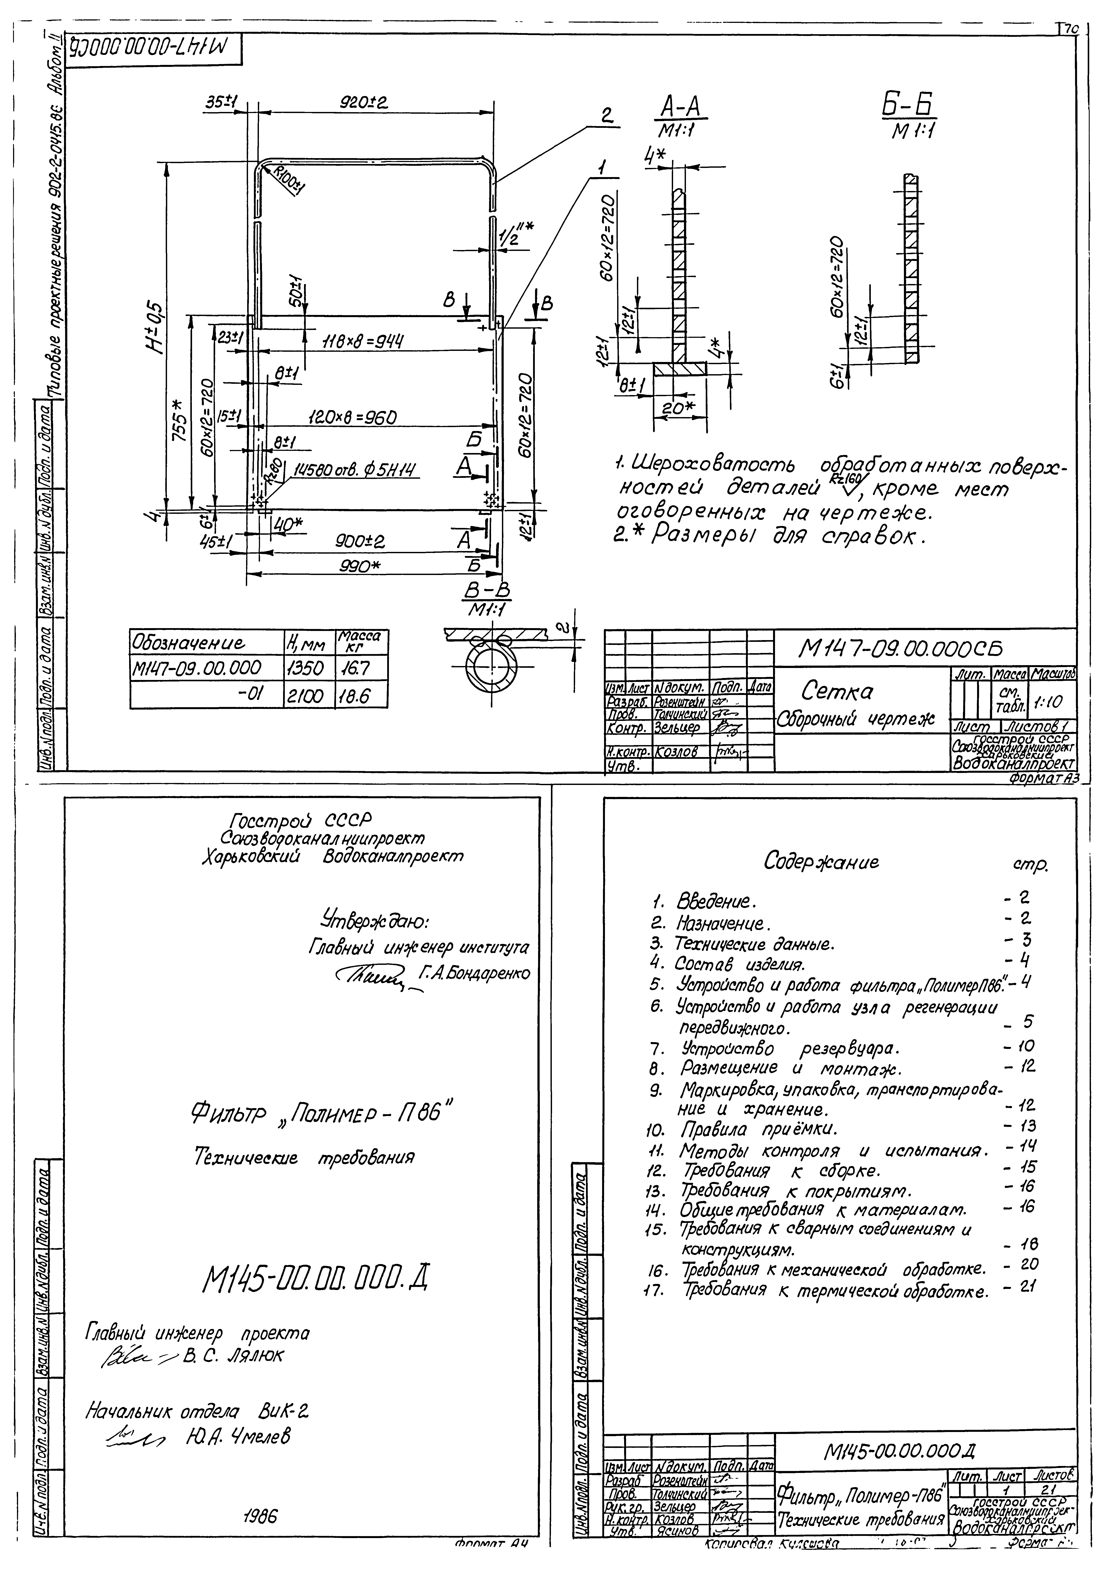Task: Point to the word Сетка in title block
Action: coord(838,692)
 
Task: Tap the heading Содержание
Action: coord(822,862)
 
